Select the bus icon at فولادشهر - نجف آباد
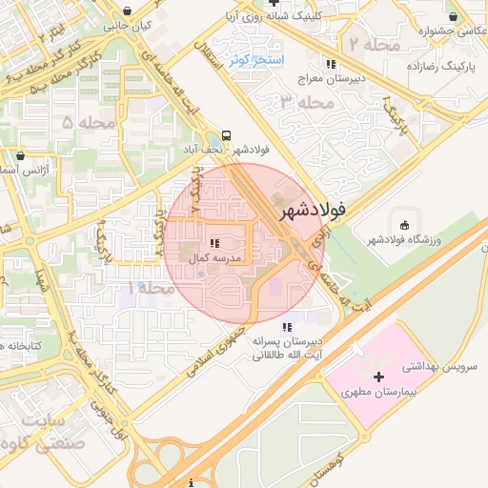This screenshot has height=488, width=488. (226, 135)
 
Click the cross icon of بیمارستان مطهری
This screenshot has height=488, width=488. (380, 377)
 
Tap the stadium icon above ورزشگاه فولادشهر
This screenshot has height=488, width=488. (404, 225)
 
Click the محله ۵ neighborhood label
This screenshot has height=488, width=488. (88, 123)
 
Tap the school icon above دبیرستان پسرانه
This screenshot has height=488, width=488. (287, 328)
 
